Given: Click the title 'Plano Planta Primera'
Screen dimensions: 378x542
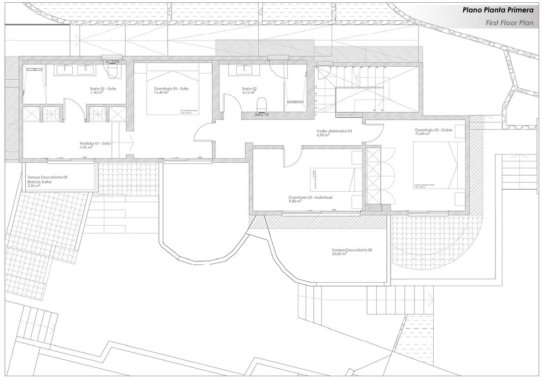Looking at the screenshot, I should click(x=498, y=10).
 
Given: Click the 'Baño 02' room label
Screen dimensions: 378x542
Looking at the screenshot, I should click(x=249, y=88).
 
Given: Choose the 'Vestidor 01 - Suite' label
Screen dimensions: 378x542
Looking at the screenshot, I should click(x=95, y=143).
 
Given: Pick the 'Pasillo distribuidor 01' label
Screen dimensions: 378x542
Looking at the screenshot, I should click(x=334, y=131).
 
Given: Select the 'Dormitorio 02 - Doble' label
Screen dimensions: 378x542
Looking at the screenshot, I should click(x=434, y=130).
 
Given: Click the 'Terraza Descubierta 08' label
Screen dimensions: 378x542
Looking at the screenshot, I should click(x=351, y=250).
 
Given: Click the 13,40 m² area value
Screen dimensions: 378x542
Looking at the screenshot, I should click(x=422, y=134).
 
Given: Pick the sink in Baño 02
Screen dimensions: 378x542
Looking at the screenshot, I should click(x=242, y=70).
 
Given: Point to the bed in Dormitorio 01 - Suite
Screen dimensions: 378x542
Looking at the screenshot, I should click(x=173, y=90).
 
